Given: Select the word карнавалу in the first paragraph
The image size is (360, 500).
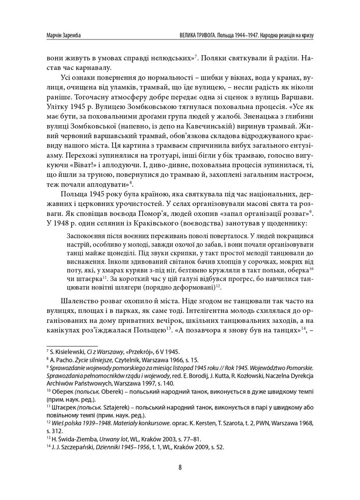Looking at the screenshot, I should point(96,67).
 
